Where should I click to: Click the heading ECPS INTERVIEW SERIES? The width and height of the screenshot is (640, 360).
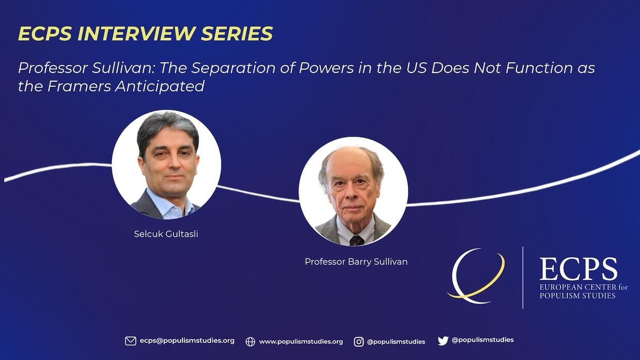(146, 33)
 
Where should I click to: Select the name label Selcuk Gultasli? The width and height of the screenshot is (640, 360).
(166, 234)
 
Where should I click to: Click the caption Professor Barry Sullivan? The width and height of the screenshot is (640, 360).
(356, 261)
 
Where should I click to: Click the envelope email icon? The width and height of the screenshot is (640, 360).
(131, 341)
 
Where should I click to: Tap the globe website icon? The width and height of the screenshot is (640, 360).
(250, 341)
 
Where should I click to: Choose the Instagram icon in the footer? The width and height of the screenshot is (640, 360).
(359, 341)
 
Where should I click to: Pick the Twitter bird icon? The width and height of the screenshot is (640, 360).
(443, 340)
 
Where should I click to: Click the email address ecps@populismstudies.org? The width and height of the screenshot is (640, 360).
(187, 340)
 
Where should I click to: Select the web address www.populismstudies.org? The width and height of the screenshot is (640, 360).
(301, 341)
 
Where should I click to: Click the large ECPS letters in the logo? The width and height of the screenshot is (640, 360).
(578, 269)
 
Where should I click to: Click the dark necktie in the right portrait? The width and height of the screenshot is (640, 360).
(357, 240)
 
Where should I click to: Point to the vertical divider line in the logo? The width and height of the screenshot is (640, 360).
(523, 277)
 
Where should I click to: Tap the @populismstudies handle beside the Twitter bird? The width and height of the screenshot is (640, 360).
(483, 340)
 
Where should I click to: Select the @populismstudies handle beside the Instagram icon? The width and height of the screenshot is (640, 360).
(396, 341)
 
